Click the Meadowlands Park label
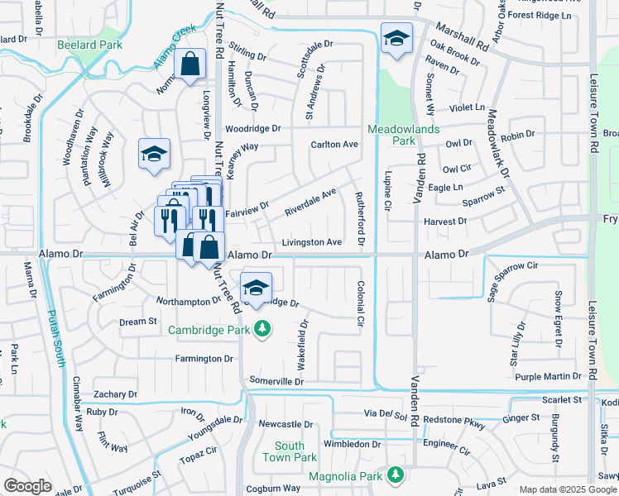pyautogui.click(x=391, y=135)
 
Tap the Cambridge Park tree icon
pyautogui.click(x=263, y=330)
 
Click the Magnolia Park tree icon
pyautogui.click(x=396, y=475)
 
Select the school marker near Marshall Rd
pyautogui.click(x=396, y=38)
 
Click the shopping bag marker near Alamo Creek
pyautogui.click(x=190, y=63)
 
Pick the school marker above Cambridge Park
pyautogui.click(x=257, y=289)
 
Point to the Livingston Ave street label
pyautogui.click(x=311, y=242)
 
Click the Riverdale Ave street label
pyautogui.click(x=310, y=202)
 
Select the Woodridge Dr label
pyautogui.click(x=253, y=128)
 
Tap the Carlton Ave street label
pyautogui.click(x=333, y=144)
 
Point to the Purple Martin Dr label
pyautogui.click(x=549, y=376)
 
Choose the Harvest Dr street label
pyautogui.click(x=445, y=222)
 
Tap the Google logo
pyautogui.click(x=27, y=486)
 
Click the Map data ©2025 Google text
pyautogui.click(x=568, y=489)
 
